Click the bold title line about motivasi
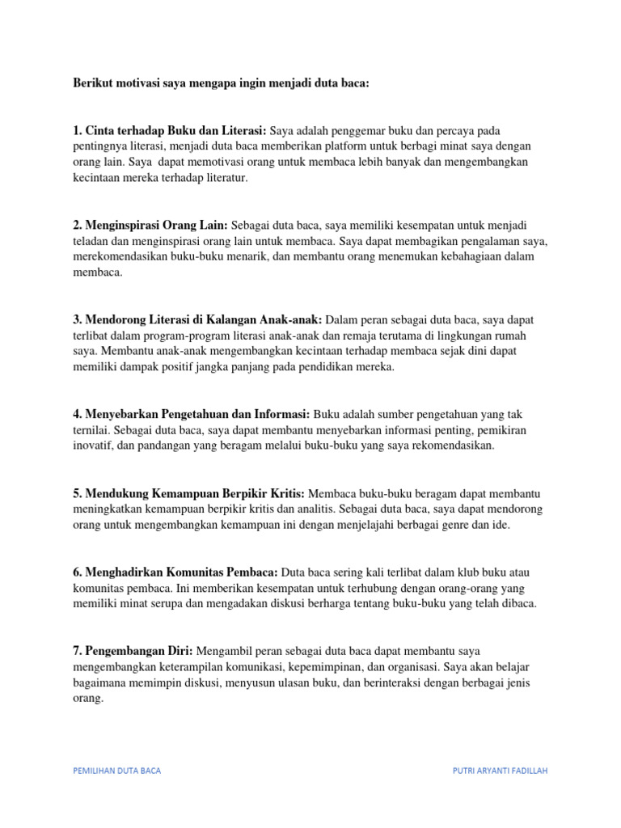click(221, 83)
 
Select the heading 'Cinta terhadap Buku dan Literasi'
click(170, 130)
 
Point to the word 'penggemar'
click(361, 130)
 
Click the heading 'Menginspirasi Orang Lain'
click(150, 225)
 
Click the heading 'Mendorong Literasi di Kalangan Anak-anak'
click(197, 319)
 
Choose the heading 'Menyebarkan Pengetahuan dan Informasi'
click(192, 413)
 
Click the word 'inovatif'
click(94, 445)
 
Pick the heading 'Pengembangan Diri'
click(133, 650)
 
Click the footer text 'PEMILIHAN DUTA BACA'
click(116, 771)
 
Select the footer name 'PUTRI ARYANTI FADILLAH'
click(500, 771)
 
